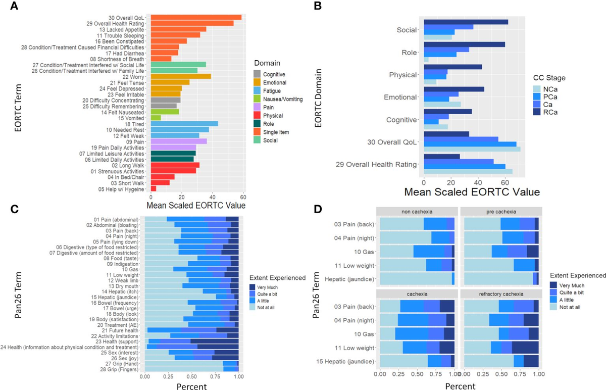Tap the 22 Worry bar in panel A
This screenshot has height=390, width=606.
181,76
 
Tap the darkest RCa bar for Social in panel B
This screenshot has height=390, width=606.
466,22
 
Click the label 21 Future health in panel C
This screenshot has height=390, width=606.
118,330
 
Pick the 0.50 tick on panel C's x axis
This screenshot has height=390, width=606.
191,376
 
